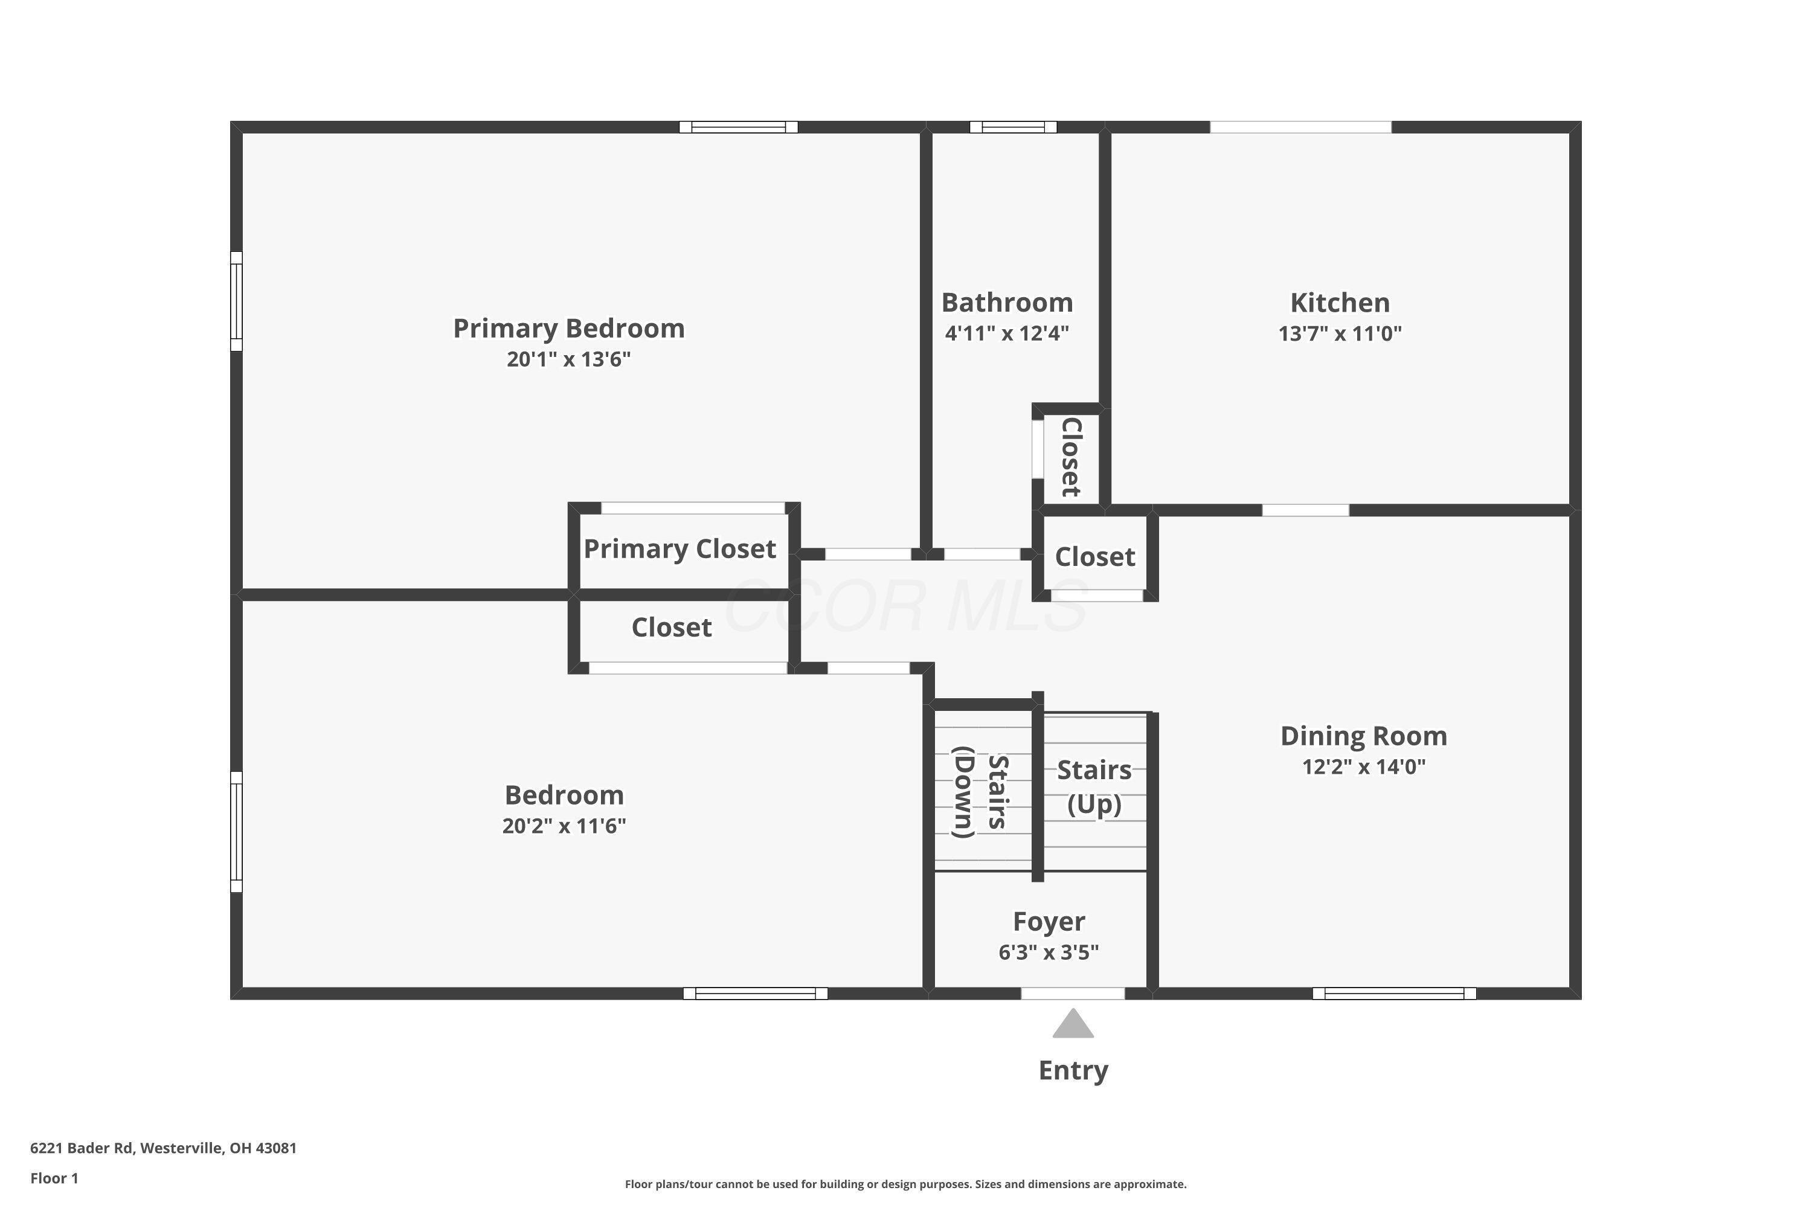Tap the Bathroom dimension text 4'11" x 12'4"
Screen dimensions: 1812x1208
click(1007, 333)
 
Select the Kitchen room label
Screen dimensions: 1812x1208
click(1340, 303)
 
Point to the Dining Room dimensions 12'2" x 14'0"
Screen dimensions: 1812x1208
click(1364, 767)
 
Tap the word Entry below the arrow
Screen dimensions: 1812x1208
click(1073, 1071)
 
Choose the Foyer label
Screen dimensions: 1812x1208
click(1049, 922)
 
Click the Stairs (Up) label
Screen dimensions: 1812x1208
click(1094, 786)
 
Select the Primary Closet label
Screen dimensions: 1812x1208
click(679, 549)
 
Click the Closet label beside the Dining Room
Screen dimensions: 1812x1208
click(1094, 557)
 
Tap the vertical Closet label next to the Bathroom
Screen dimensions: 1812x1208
click(1071, 457)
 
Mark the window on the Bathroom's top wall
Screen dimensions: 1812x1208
click(1013, 127)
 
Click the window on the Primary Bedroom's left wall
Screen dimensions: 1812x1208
click(237, 301)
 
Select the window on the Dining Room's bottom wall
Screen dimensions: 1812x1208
click(1395, 994)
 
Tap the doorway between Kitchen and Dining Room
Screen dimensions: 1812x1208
click(1305, 510)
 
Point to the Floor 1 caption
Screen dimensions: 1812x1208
click(54, 1178)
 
